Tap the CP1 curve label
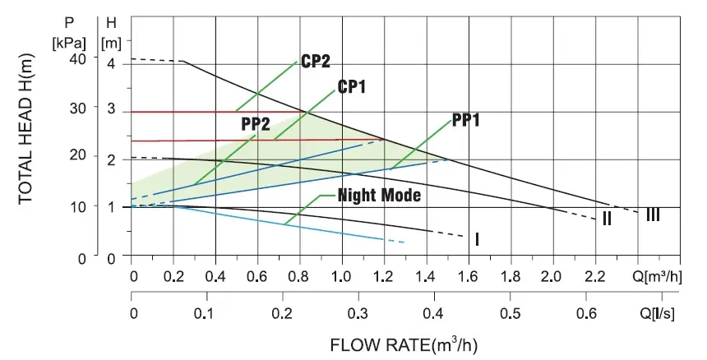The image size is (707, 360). (352, 87)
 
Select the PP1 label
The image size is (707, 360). (466, 120)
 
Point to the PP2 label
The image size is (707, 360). (256, 123)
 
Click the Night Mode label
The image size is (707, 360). (379, 196)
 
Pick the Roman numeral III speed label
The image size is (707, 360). (653, 215)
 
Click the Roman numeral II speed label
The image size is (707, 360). (606, 219)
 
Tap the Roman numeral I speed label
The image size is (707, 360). (477, 239)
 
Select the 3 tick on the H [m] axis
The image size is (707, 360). (112, 108)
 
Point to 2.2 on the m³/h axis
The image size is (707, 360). (594, 275)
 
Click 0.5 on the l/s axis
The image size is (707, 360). (511, 313)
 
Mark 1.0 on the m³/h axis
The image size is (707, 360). (341, 275)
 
